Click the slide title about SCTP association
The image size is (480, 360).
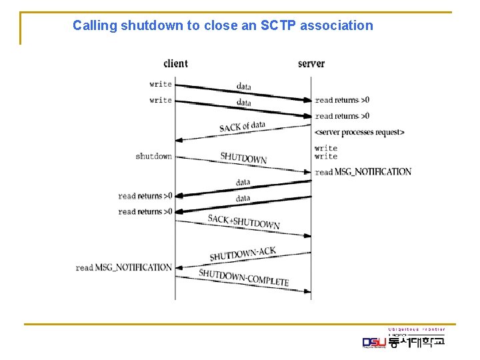[x=223, y=26]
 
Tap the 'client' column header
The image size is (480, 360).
[x=175, y=64]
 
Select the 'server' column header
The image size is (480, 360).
[x=311, y=64]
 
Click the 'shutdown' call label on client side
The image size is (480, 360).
[x=153, y=157]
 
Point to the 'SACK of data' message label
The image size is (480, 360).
[x=242, y=127]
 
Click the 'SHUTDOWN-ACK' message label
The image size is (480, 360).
[x=243, y=254]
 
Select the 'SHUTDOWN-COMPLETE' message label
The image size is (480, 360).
[x=243, y=277]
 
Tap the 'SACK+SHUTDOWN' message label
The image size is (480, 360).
[x=243, y=222]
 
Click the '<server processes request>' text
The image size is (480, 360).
[x=359, y=132]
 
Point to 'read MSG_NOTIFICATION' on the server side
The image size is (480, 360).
[x=363, y=172]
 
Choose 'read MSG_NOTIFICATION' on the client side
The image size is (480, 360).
[x=124, y=267]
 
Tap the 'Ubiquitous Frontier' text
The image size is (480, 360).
[x=417, y=329]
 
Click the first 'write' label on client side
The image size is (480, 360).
[x=161, y=85]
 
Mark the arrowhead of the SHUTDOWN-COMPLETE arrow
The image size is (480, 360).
[x=307, y=291]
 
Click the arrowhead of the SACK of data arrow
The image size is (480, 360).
[x=179, y=140]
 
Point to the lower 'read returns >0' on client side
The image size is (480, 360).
[x=145, y=212]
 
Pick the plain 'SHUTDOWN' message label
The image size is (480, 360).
[x=243, y=159]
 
